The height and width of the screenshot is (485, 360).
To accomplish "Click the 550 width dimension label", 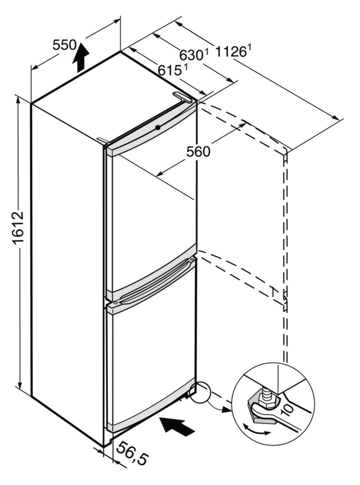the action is coord(64,45).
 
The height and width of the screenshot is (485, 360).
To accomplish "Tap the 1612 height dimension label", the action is coord(18,228).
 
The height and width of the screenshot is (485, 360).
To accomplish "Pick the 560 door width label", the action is coord(198,152).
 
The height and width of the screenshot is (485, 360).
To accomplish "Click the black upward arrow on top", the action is coord(81,56).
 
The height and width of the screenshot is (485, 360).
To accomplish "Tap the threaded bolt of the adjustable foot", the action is coord(267,393).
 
